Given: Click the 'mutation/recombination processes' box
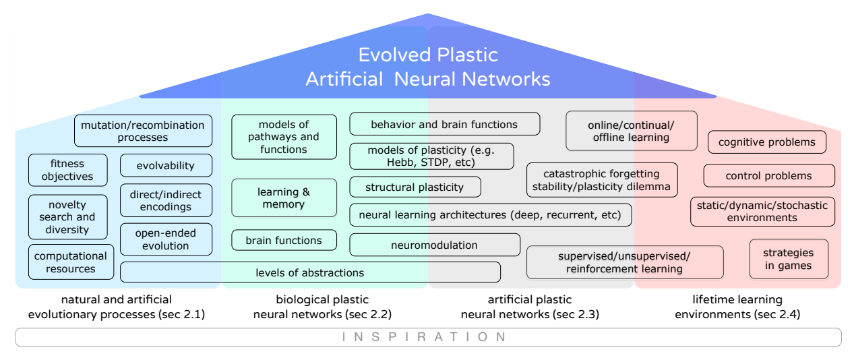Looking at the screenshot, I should point(143,131).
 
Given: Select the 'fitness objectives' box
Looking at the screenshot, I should point(67,170).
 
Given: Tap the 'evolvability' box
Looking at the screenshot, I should point(166,165).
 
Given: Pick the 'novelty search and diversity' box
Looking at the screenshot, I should point(67,217).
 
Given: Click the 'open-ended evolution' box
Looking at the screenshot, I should point(166,239).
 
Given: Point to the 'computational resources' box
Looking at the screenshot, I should point(71,262).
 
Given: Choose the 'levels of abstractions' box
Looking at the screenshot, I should point(310,272).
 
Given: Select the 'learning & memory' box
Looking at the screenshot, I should point(284,198).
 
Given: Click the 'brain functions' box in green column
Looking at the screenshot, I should point(284,240).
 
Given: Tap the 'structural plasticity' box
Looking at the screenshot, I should point(415,187).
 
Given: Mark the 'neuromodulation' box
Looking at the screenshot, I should point(435,245).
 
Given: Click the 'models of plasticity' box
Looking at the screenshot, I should point(431,156).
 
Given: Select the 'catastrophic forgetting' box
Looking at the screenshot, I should point(602,180).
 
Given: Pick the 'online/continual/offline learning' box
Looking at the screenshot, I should point(632,131).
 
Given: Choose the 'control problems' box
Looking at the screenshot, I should point(769,176).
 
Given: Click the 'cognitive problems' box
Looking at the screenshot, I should point(767,142).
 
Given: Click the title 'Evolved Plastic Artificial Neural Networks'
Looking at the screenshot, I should point(428,67).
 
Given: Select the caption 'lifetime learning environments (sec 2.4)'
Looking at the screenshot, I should point(737,307).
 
